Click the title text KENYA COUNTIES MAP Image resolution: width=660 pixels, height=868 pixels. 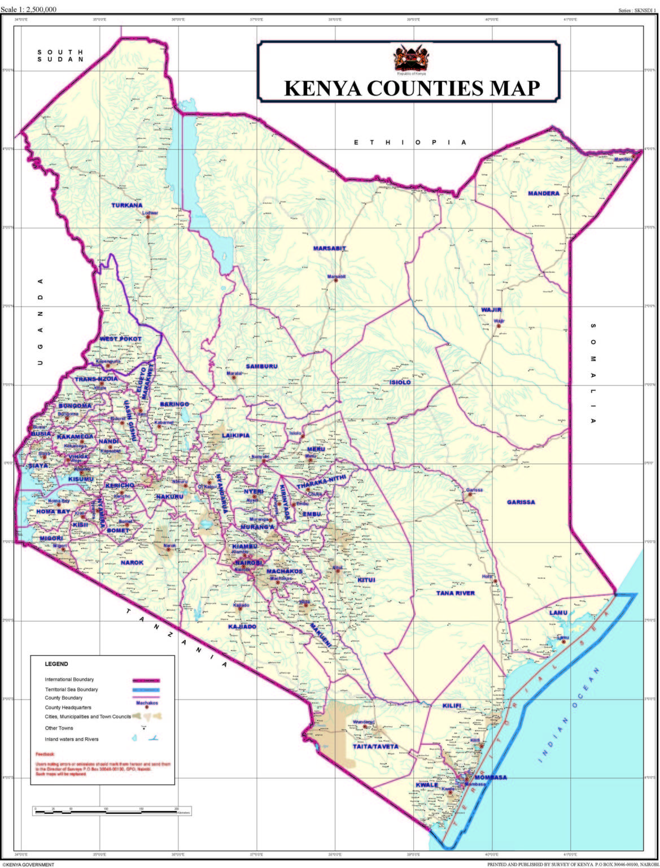pyautogui.click(x=412, y=89)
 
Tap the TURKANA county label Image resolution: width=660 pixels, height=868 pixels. pyautogui.click(x=127, y=205)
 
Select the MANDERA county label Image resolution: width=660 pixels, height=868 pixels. pyautogui.click(x=544, y=193)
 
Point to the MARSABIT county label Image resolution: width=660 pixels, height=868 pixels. pyautogui.click(x=330, y=248)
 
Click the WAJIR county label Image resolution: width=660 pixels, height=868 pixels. pyautogui.click(x=491, y=310)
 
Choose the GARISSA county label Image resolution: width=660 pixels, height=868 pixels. pyautogui.click(x=521, y=502)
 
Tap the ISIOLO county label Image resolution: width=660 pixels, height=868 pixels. pyautogui.click(x=400, y=382)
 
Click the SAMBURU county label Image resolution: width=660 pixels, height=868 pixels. pyautogui.click(x=261, y=366)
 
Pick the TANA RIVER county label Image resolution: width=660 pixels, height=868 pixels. pyautogui.click(x=456, y=593)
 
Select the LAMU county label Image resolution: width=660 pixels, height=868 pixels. pyautogui.click(x=558, y=613)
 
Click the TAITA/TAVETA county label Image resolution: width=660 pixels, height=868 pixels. pyautogui.click(x=375, y=746)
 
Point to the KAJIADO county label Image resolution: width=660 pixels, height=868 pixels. pyautogui.click(x=242, y=627)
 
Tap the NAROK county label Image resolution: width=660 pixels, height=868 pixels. pyautogui.click(x=132, y=562)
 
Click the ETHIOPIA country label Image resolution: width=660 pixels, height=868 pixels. pyautogui.click(x=410, y=142)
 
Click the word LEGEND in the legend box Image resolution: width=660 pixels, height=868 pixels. pyautogui.click(x=56, y=664)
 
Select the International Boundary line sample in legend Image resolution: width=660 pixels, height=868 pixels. pyautogui.click(x=146, y=680)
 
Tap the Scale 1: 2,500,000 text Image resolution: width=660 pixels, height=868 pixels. pyautogui.click(x=29, y=9)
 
